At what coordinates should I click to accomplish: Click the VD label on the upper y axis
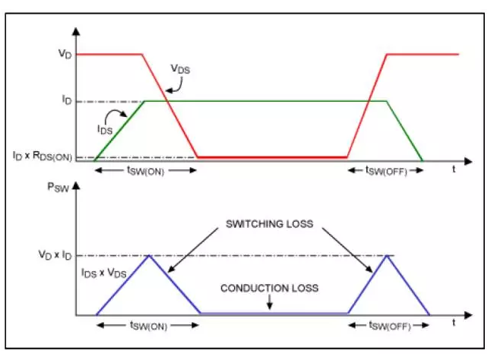point(65,53)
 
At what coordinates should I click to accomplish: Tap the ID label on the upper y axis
point(67,100)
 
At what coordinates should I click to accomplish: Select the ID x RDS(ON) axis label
point(43,156)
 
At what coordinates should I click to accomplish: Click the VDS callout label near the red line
point(180,69)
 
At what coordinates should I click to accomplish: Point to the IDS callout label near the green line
point(105,129)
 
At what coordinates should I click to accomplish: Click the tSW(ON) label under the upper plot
point(146,171)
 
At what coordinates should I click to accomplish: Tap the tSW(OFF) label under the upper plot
point(386,171)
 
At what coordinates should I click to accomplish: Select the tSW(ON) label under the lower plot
point(148,325)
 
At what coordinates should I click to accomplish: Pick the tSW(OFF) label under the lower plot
point(390,325)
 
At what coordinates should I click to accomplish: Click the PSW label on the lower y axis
point(58,187)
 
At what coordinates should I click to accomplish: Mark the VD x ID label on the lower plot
point(55,254)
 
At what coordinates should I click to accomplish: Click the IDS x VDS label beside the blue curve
point(104,273)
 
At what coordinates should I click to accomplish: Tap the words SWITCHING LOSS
point(270,224)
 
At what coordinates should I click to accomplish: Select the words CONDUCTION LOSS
point(269,288)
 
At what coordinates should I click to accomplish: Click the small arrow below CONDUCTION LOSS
point(270,302)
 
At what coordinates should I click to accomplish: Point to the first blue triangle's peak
point(150,256)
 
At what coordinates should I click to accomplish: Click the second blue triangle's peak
point(388,256)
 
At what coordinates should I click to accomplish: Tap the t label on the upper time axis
point(454,169)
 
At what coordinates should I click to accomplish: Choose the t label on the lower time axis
point(454,323)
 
